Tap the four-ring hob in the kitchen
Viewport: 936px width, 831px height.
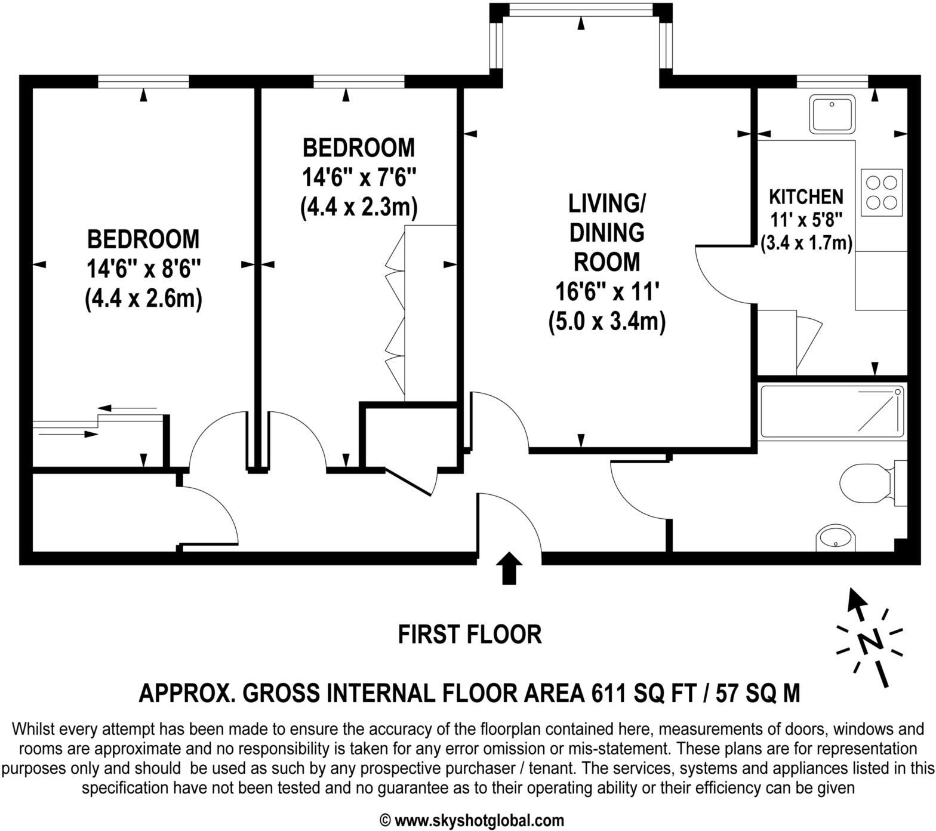click(881, 192)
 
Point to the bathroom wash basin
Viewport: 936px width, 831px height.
click(836, 538)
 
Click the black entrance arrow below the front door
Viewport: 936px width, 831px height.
click(509, 568)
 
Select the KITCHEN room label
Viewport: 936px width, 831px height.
click(806, 196)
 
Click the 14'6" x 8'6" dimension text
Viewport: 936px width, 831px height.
click(143, 269)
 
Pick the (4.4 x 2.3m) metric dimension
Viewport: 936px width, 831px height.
click(358, 207)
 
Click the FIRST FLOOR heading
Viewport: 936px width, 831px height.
click(470, 634)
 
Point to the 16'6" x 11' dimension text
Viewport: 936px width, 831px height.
click(606, 292)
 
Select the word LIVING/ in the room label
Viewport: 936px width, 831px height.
click(606, 203)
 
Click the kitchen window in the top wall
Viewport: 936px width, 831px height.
click(832, 81)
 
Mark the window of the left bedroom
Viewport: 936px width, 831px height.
click(143, 81)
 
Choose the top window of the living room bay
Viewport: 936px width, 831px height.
click(581, 10)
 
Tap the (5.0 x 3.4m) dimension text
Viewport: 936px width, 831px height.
click(606, 322)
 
